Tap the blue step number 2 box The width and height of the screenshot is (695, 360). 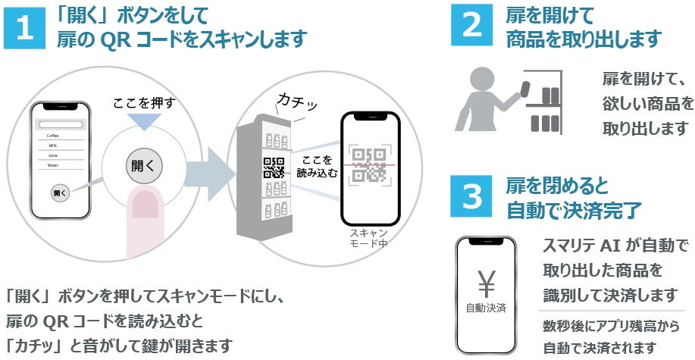tap(472, 25)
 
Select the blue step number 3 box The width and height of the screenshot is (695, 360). tap(472, 196)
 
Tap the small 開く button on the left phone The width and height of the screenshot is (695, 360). tap(60, 193)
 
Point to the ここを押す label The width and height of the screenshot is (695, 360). tap(143, 102)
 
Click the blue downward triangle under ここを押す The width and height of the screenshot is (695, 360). tap(144, 121)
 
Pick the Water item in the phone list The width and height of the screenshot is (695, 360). tap(53, 164)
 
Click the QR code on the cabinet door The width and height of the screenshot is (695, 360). tap(274, 167)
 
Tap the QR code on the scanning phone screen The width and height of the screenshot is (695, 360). tap(369, 164)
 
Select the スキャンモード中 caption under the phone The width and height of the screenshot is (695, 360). tap(368, 238)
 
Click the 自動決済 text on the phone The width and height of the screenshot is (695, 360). tap(485, 309)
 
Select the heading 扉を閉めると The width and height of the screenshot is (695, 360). tap(557, 186)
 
